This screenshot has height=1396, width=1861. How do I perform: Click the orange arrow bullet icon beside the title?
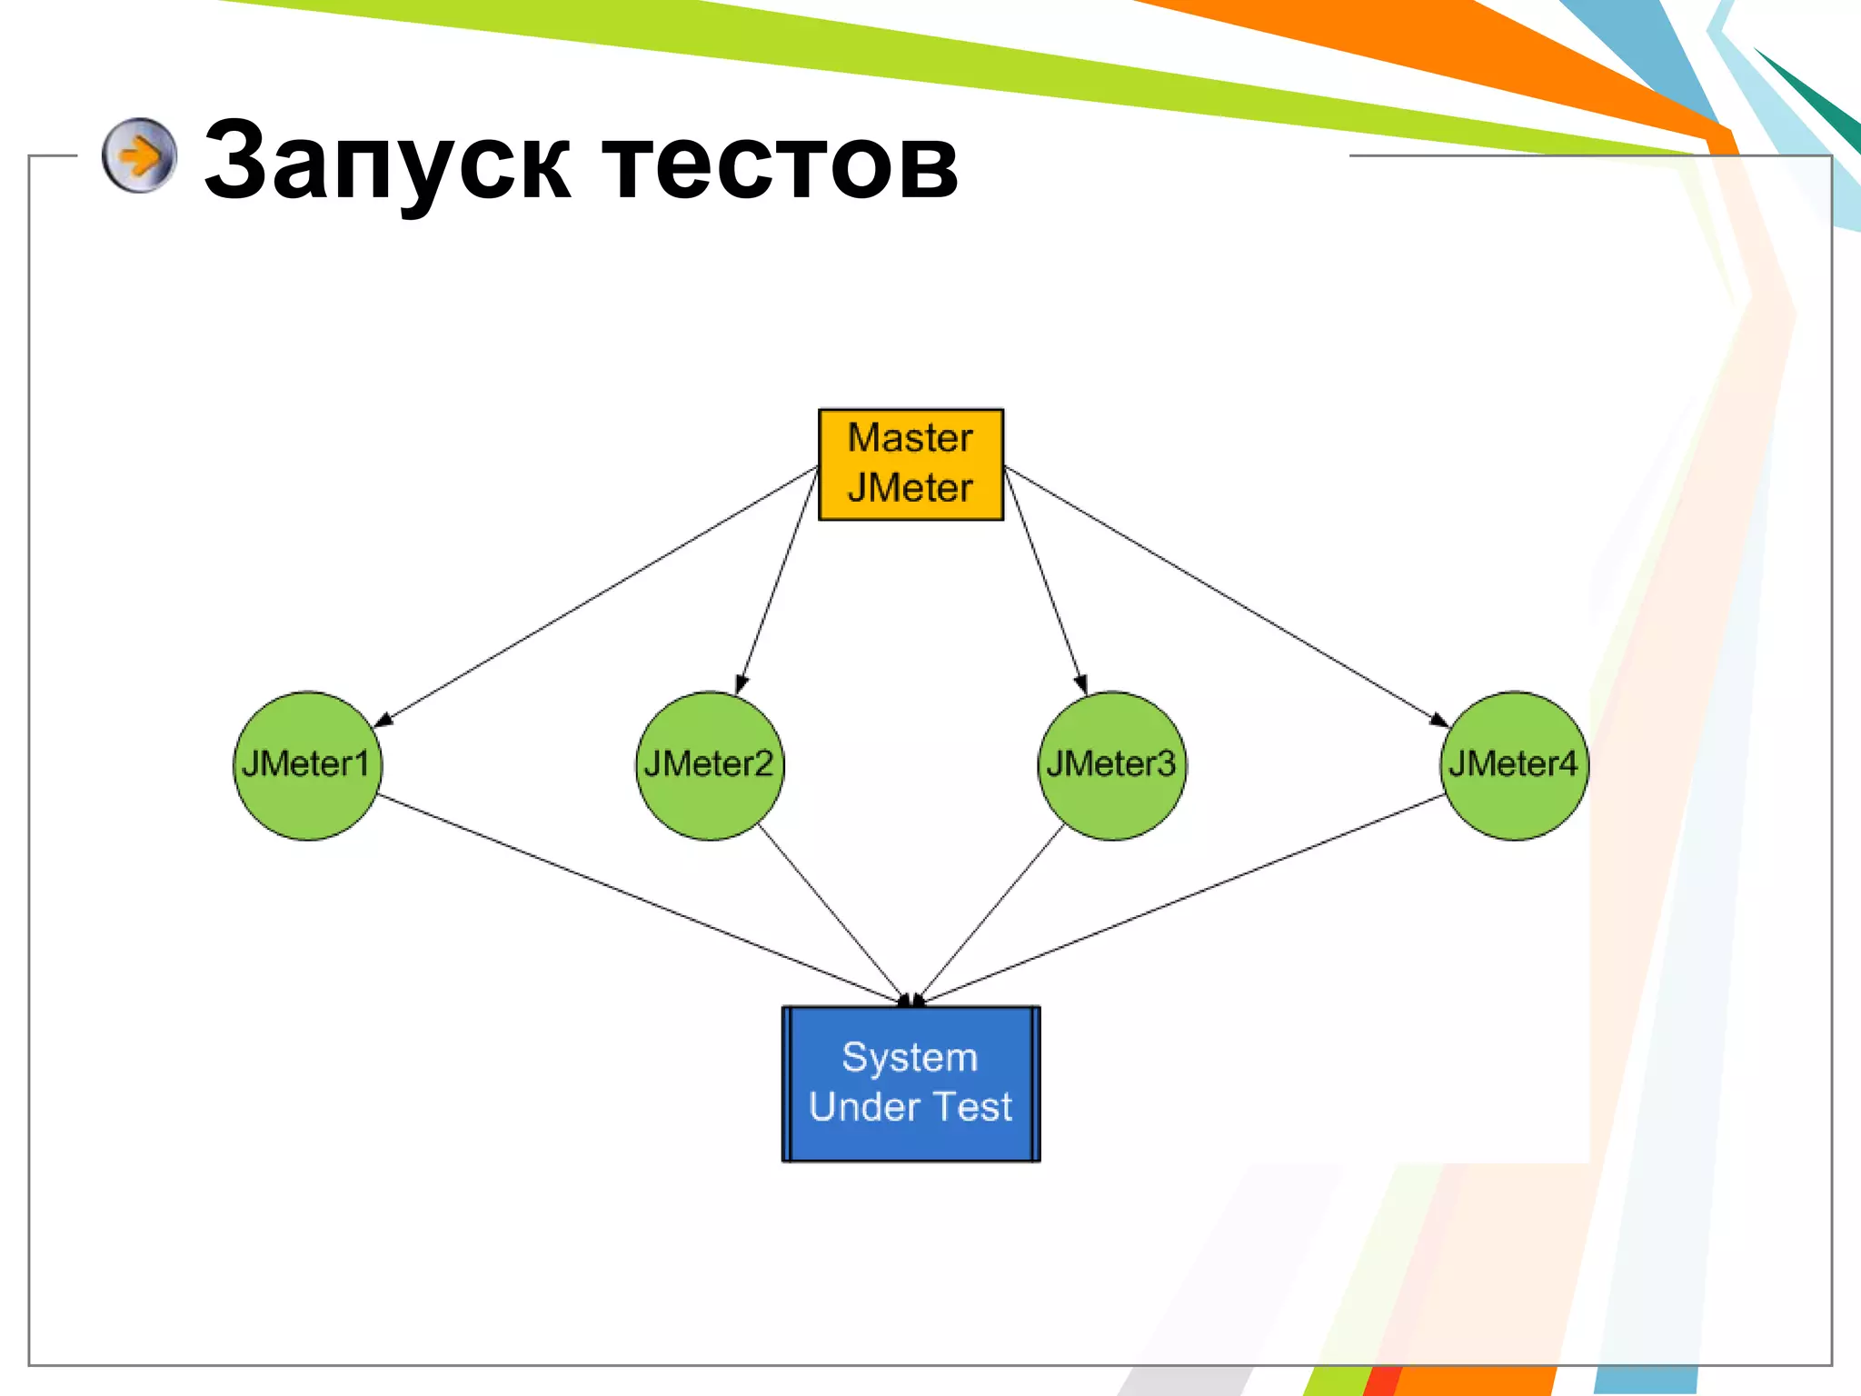tap(139, 155)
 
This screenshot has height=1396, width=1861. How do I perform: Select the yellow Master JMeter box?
tap(911, 464)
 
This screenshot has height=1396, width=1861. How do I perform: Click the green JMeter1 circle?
tap(307, 765)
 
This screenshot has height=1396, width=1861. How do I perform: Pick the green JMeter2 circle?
tap(709, 765)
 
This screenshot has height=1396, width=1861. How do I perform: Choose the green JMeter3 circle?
tap(1111, 765)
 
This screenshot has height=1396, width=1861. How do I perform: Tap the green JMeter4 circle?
tap(1514, 765)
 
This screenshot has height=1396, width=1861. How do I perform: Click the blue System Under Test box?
tap(911, 1083)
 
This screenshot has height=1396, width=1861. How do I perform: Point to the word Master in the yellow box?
tap(911, 438)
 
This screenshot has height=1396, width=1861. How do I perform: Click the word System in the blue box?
tap(910, 1057)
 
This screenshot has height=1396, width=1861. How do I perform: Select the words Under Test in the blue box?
tap(911, 1107)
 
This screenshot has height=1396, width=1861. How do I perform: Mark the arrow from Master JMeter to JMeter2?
tap(778, 582)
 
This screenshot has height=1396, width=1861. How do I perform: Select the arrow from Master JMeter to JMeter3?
tap(1045, 582)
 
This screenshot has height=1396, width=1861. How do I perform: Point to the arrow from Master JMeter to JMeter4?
tap(1227, 597)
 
